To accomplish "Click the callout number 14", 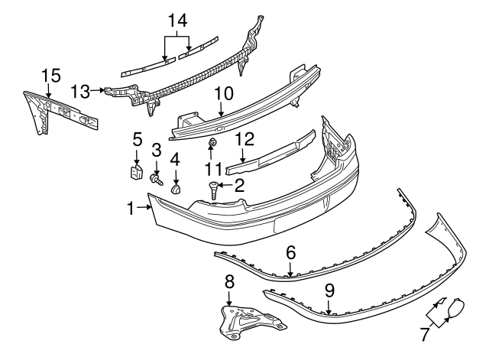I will pos(177,21).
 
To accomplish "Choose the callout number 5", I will pos(138,139).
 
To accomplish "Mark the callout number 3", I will pos(156,150).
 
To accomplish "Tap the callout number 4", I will pos(175,160).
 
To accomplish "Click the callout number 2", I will pos(239,185).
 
